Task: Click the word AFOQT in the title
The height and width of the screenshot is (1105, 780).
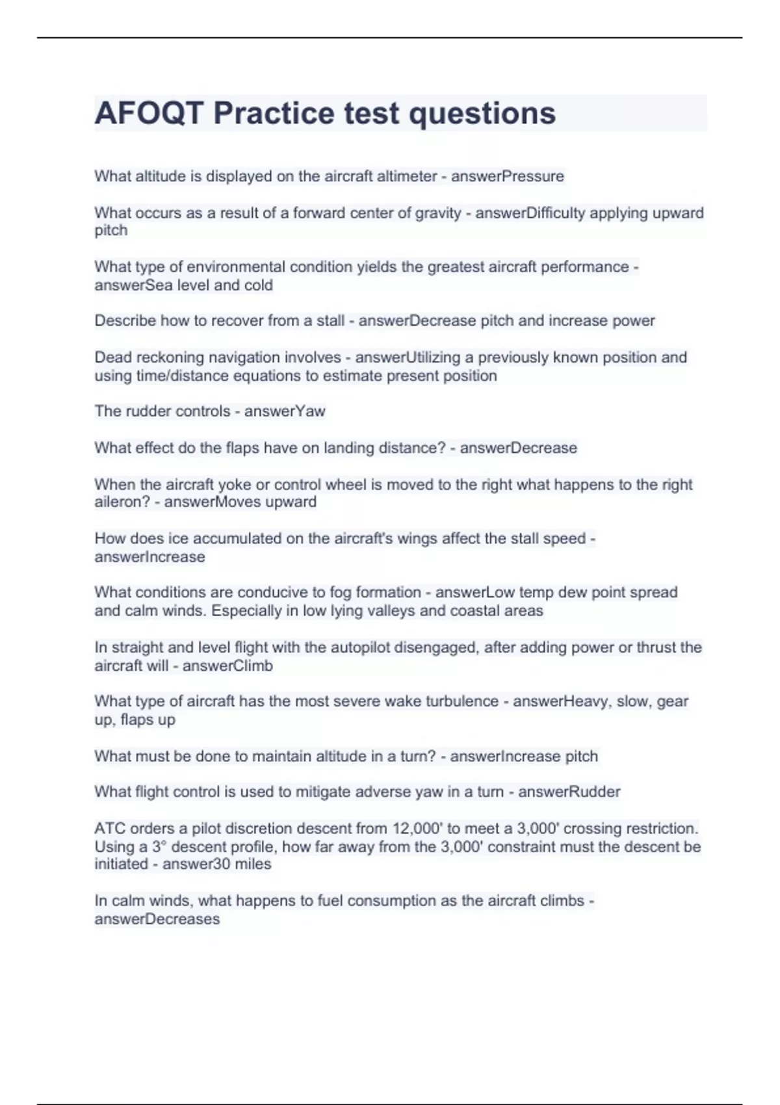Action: click(x=149, y=113)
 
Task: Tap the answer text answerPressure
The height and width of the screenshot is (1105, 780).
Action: click(x=507, y=176)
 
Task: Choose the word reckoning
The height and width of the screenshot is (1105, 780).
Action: click(x=167, y=357)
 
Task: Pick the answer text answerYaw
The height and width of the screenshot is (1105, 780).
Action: click(x=285, y=411)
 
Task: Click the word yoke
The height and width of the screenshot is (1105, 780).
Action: click(x=233, y=485)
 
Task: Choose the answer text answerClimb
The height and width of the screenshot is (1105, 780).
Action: click(x=227, y=666)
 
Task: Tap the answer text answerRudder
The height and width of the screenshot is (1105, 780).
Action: click(x=569, y=792)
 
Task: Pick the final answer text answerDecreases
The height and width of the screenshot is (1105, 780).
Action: click(x=157, y=920)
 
